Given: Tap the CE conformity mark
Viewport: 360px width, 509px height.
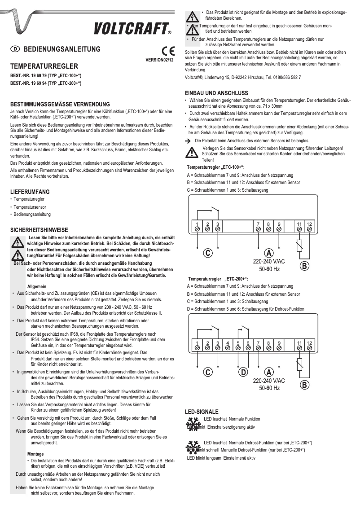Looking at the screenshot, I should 166,51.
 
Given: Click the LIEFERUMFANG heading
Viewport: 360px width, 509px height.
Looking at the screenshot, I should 30,192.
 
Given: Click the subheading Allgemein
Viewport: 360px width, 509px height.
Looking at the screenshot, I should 36,285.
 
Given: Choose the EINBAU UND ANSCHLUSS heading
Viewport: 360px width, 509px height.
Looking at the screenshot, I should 216,93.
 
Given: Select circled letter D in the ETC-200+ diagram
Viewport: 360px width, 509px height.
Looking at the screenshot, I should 243,372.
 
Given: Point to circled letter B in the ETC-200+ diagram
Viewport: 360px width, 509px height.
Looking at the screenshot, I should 304,385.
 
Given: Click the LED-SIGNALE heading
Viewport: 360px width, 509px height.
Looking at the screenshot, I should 202,411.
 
